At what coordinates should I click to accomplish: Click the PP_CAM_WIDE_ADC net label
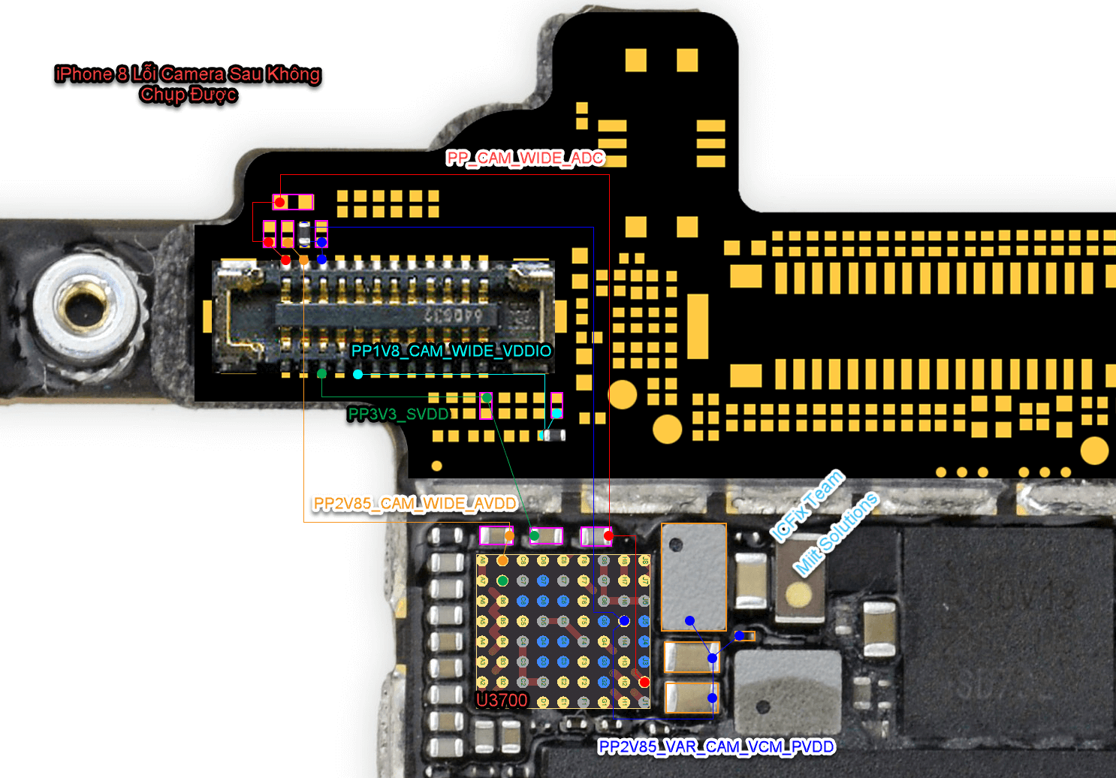tap(525, 158)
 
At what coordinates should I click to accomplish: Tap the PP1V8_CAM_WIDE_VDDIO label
tap(451, 351)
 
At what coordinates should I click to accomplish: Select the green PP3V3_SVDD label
tap(398, 414)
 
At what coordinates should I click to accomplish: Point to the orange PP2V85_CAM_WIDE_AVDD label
tap(415, 503)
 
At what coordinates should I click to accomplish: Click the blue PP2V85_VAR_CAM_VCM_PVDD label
tap(716, 746)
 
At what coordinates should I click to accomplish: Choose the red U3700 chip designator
tap(502, 700)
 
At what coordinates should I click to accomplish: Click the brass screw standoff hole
tap(84, 307)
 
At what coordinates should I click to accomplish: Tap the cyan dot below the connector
tap(357, 374)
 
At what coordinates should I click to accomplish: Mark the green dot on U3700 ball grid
tap(502, 580)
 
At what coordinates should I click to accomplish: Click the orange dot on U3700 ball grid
tap(502, 560)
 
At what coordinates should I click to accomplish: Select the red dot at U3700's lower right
tap(644, 682)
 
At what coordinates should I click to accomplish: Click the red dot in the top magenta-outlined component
tap(279, 202)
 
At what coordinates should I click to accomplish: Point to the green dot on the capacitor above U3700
tap(534, 535)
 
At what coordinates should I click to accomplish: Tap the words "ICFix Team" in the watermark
tap(807, 505)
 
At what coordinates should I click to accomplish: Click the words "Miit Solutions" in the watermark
tap(836, 534)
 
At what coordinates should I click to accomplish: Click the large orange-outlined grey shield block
tap(693, 577)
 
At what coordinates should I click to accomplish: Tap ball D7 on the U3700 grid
tap(604, 621)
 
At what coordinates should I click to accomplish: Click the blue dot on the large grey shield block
tap(689, 620)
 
